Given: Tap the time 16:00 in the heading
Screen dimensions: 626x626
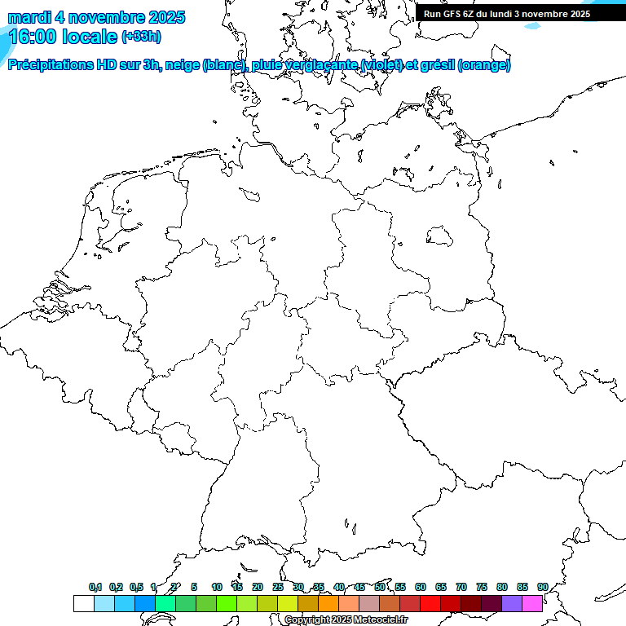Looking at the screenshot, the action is click(34, 36).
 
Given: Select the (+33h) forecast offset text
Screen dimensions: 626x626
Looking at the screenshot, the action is click(142, 36).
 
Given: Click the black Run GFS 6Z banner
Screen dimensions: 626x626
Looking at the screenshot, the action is click(507, 14).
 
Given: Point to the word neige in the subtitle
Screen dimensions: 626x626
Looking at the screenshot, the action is click(183, 65).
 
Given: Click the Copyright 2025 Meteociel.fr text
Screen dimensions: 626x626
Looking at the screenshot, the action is click(346, 619).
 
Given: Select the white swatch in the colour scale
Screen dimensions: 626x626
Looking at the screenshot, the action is click(83, 603).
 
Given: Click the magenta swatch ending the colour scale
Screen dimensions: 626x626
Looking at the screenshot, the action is click(532, 603).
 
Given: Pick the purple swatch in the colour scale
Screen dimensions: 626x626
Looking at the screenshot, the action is click(512, 603).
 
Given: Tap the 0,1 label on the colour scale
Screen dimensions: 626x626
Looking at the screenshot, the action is click(95, 587).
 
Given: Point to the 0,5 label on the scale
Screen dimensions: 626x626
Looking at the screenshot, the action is click(136, 587).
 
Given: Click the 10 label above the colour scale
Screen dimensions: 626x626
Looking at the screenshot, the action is click(217, 587).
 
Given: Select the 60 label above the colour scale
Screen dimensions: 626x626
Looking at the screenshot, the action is click(421, 587).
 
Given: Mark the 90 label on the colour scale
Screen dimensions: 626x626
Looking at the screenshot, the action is click(542, 587).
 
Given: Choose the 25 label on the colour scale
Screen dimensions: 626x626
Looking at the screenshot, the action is click(278, 587).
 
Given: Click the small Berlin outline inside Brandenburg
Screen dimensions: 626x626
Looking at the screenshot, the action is click(439, 236).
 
